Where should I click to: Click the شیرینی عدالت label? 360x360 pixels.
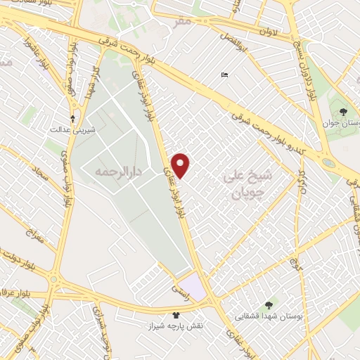(x=72, y=130)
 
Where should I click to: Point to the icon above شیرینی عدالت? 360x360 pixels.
(x=72, y=118)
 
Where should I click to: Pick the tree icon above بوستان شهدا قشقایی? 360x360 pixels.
(x=271, y=304)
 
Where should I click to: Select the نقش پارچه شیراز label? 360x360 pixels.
(x=175, y=327)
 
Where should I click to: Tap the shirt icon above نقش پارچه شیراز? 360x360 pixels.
(x=175, y=314)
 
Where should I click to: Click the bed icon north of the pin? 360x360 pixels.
(x=224, y=75)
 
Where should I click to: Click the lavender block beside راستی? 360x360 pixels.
(x=198, y=288)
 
